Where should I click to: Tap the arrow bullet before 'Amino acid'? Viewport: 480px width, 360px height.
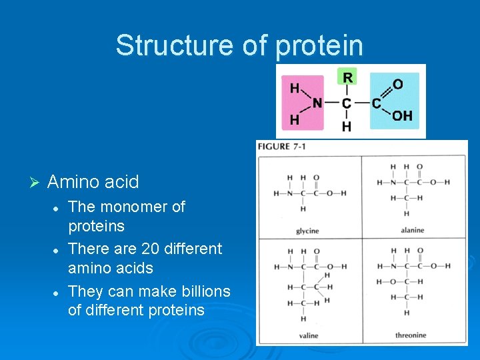click(36, 182)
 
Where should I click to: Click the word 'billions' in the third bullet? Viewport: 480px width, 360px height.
click(202, 291)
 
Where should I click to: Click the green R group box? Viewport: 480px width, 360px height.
click(347, 77)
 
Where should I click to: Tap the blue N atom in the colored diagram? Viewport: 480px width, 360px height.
click(317, 103)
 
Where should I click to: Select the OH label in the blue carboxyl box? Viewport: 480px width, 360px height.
click(402, 116)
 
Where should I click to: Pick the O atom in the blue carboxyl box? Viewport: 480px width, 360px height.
click(398, 85)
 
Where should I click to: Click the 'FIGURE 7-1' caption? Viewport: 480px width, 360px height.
click(282, 147)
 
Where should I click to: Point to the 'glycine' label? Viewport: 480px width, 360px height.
click(307, 231)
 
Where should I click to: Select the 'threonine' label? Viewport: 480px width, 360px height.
click(411, 335)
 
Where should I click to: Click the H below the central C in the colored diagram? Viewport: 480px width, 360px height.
click(347, 126)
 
